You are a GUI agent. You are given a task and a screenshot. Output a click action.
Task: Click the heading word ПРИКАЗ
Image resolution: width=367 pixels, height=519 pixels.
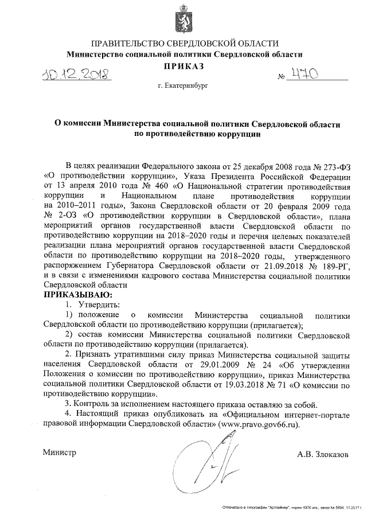tap(184, 68)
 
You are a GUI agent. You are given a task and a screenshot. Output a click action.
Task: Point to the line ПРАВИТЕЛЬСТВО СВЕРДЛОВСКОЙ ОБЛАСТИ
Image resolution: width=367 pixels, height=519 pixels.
tap(184, 44)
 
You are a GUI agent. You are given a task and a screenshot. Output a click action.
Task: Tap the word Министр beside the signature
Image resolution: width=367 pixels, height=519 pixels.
tap(60, 452)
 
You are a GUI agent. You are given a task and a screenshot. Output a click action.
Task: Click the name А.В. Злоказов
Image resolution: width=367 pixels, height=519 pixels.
tap(322, 454)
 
